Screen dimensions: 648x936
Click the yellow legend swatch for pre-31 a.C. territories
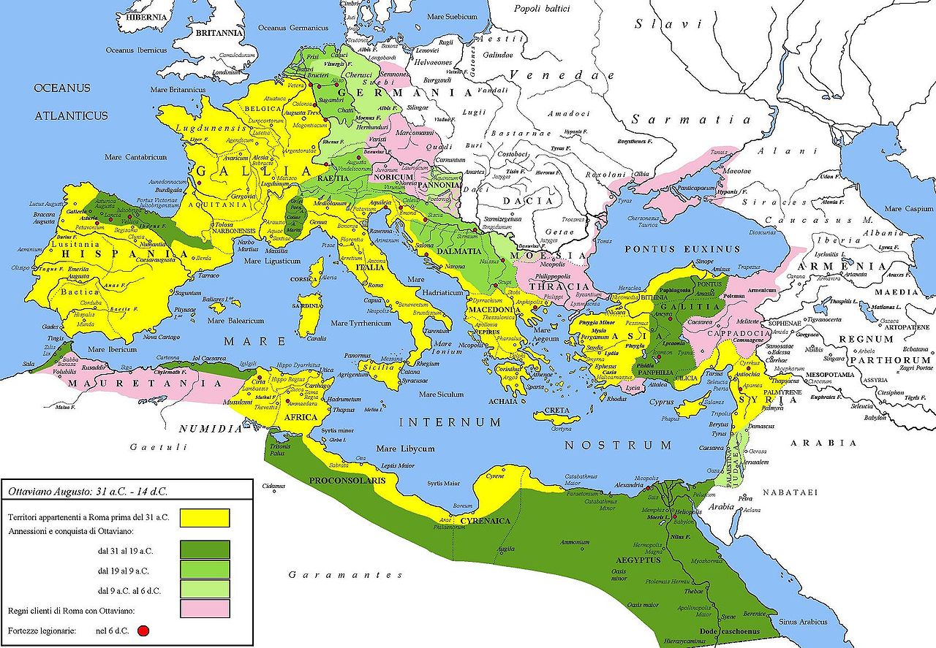click(205, 517)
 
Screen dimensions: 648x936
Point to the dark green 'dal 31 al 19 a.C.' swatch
click(205, 549)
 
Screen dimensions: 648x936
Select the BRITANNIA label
click(217, 33)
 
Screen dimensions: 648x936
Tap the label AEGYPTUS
click(638, 560)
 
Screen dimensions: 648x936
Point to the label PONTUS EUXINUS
click(671, 249)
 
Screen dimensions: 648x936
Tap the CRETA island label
click(556, 411)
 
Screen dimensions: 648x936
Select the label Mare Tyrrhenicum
click(366, 323)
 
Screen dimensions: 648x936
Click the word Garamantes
click(345, 575)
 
